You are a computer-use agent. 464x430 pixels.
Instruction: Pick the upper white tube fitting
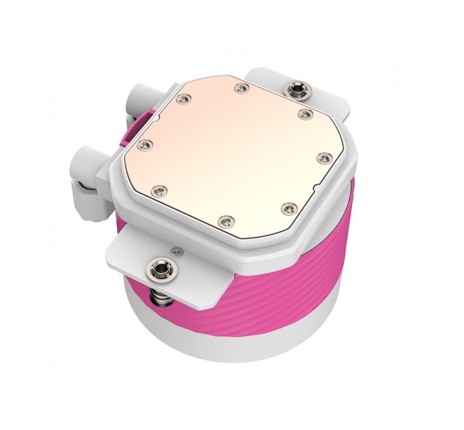tap(134, 108)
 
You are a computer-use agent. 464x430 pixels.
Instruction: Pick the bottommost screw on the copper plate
tap(227, 219)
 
